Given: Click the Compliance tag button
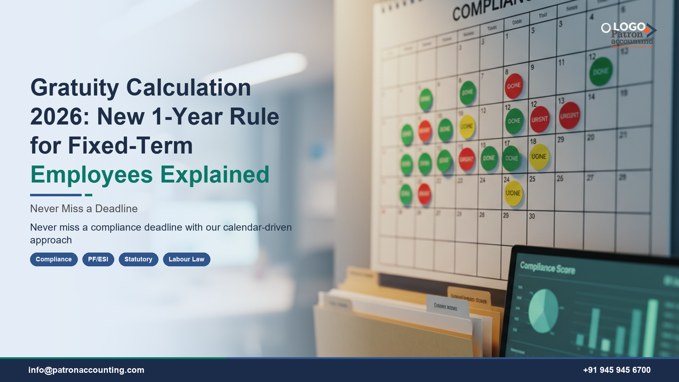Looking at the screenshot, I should pos(54,259).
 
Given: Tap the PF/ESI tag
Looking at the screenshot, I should pos(98,259).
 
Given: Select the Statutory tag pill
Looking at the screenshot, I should pos(138,259).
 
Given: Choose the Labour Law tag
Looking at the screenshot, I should pos(186,259).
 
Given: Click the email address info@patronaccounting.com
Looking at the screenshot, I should pos(86,370).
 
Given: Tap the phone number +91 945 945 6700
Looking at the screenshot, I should pos(617,370).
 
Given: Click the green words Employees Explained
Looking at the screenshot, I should pos(150,175).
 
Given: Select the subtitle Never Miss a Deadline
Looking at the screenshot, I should pos(84,209).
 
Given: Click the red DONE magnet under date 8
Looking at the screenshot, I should pos(513,86).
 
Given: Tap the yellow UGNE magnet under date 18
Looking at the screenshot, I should pos(539,157).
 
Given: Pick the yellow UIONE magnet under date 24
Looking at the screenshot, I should pos(513,193).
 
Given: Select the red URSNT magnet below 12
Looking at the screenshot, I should pos(540,120).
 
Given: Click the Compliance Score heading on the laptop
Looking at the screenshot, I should pos(547,268).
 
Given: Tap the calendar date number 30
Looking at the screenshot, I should pos(532,216).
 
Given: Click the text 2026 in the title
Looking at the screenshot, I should pos(59,117).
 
